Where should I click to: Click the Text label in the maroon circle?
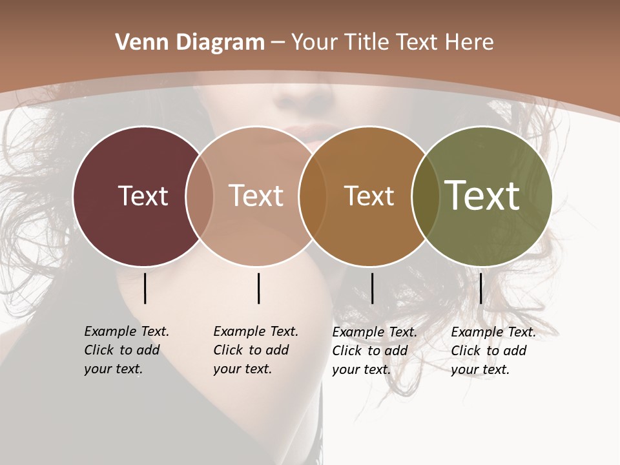click(x=143, y=196)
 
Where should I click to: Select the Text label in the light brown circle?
click(x=256, y=196)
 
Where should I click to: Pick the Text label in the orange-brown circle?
click(x=369, y=196)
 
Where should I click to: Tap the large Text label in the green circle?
click(x=482, y=195)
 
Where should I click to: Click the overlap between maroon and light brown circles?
click(x=200, y=196)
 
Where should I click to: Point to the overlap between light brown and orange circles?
click(x=313, y=196)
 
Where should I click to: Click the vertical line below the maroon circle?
click(x=145, y=288)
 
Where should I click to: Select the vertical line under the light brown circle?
click(x=258, y=288)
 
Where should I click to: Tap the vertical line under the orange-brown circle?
click(x=372, y=288)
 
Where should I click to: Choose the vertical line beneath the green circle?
click(x=480, y=288)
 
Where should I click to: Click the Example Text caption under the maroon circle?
click(x=126, y=350)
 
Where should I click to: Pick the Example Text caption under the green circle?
click(x=493, y=351)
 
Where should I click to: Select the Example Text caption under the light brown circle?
click(x=255, y=350)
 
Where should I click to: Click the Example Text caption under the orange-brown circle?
click(x=374, y=351)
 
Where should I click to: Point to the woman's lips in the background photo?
click(x=310, y=132)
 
